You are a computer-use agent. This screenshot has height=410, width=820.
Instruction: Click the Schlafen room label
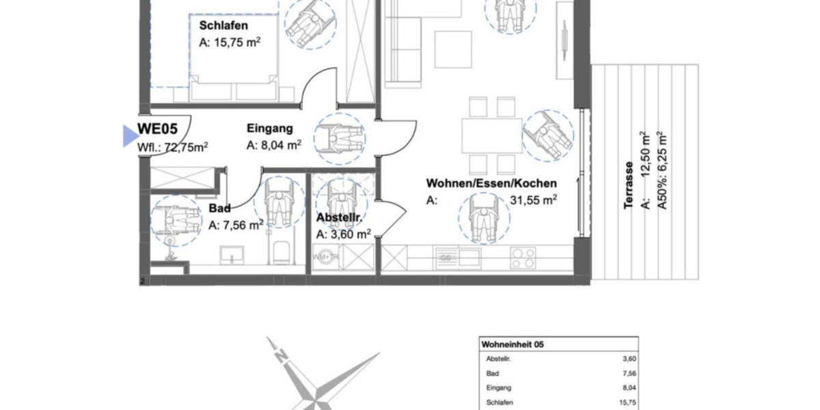[223, 26]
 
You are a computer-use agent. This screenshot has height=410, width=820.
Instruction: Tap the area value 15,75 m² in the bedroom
[230, 42]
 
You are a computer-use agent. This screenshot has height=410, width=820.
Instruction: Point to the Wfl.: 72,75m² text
[173, 146]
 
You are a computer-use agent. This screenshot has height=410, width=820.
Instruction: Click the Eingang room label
[270, 128]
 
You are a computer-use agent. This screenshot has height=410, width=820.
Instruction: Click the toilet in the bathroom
[280, 254]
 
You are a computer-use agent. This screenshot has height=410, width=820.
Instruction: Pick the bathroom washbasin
[234, 256]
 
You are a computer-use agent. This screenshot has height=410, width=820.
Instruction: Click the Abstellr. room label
[339, 219]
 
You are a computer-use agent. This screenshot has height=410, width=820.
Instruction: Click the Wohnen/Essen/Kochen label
[491, 183]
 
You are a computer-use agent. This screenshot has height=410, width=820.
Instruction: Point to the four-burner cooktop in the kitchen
[523, 257]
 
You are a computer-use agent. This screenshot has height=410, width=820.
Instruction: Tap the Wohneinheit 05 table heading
[514, 344]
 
